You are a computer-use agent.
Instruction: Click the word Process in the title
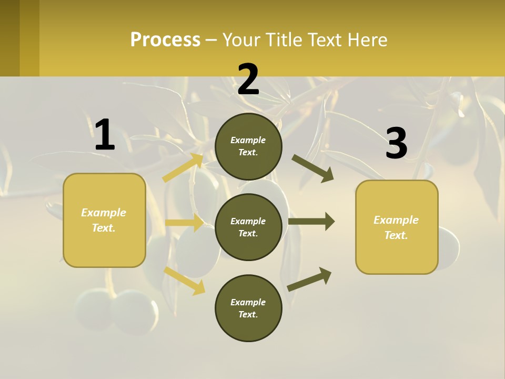(165, 40)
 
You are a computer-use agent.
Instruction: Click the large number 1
(105, 135)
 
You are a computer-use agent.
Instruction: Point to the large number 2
(248, 80)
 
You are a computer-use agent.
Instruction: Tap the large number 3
(396, 143)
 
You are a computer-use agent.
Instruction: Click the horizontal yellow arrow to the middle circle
(184, 223)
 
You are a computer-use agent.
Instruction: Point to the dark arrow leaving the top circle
(312, 168)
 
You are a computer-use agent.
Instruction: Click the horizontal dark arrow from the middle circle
(311, 222)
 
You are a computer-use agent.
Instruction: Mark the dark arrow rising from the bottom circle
(309, 279)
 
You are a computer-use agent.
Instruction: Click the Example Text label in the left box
(104, 220)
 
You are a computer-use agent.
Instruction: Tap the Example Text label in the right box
(396, 227)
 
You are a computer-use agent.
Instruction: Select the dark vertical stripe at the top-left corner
(9, 38)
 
